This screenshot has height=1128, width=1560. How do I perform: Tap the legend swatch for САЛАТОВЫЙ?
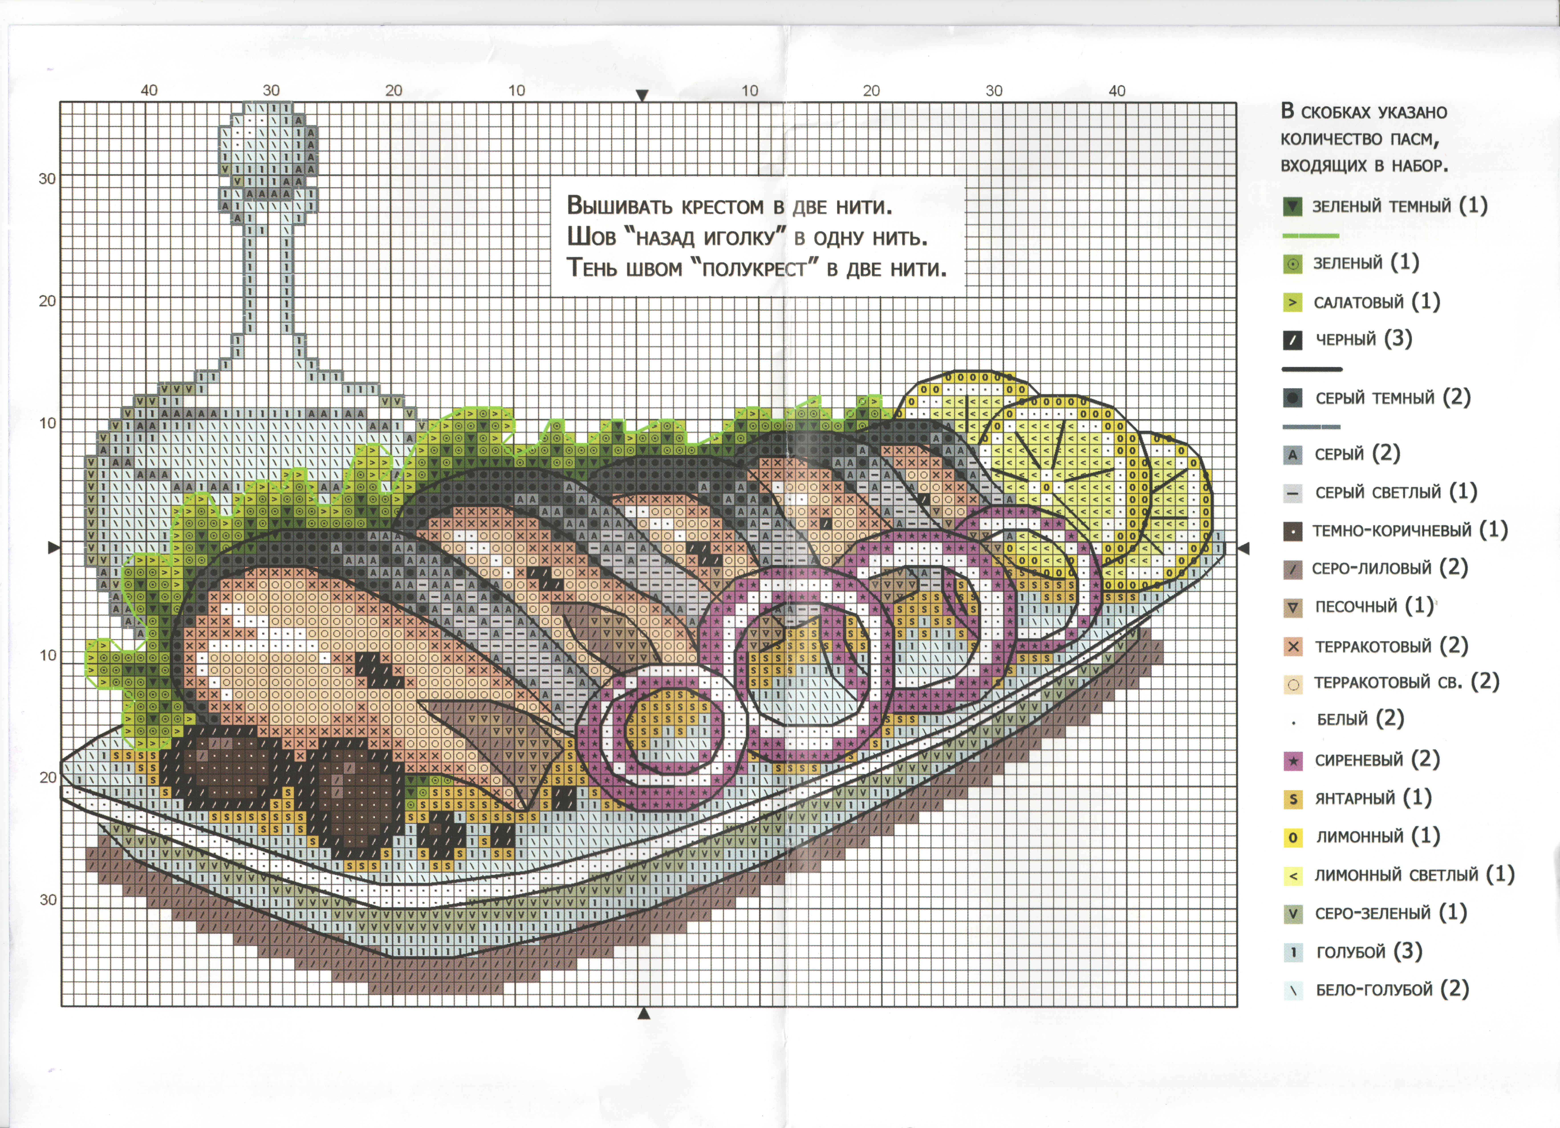point(1292,302)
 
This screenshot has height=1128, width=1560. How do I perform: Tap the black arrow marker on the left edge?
point(54,548)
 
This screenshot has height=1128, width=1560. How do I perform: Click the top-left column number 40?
point(149,90)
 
